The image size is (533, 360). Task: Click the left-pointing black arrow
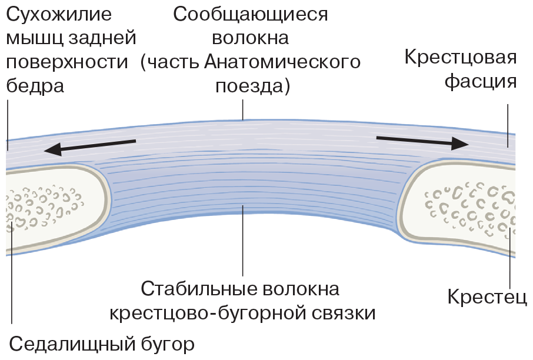coord(91,146)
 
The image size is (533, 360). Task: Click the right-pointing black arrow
coord(422,141)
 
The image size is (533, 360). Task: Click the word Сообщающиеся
coord(251,14)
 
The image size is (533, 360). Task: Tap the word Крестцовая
coord(461,58)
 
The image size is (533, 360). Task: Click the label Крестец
coord(487,296)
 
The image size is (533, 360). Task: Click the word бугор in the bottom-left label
coord(167,343)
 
